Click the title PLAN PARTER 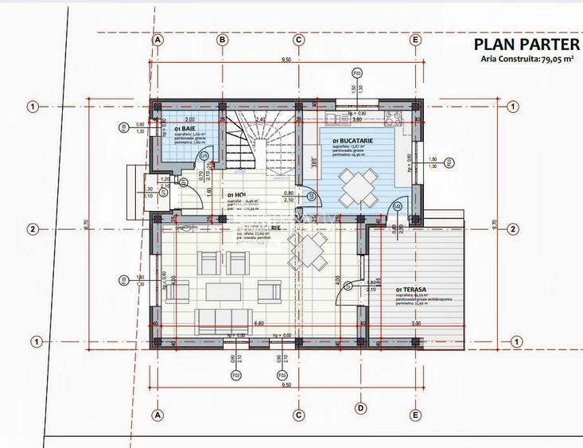tap(525, 44)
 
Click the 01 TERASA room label tap(410, 290)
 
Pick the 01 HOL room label tap(236, 195)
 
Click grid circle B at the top tap(223, 39)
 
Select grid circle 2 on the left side tap(33, 229)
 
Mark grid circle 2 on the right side tap(516, 229)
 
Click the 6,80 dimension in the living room tap(258, 324)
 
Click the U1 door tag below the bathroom tap(204, 156)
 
